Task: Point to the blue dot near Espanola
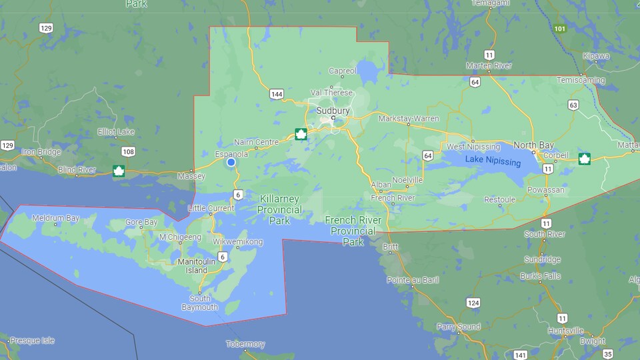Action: [x=231, y=162]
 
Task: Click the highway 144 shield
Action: [x=277, y=94]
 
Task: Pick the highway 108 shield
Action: [x=128, y=152]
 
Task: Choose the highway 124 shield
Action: [x=473, y=303]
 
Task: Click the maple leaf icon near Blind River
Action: [x=119, y=171]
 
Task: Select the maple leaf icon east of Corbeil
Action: [x=584, y=158]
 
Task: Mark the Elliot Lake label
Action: [x=116, y=132]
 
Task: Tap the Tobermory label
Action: [x=245, y=345]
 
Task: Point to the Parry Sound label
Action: [x=459, y=327]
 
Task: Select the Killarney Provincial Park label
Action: [x=279, y=209]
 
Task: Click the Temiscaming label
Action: [x=581, y=80]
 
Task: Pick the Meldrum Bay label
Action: [x=55, y=218]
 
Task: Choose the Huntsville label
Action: [x=566, y=331]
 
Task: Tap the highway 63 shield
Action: [x=573, y=105]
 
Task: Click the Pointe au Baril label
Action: [x=413, y=280]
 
